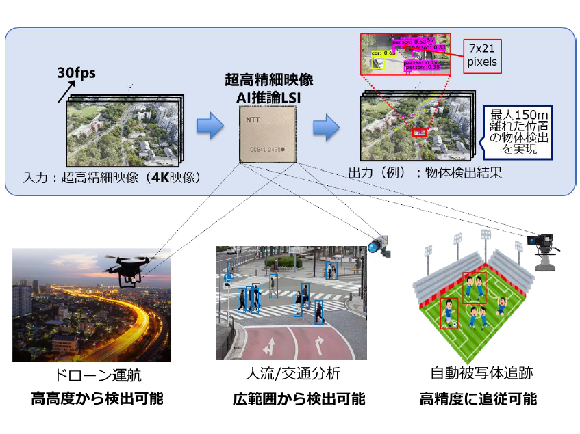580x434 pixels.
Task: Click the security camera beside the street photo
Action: (x=377, y=245)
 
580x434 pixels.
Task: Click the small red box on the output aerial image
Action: (x=418, y=132)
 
